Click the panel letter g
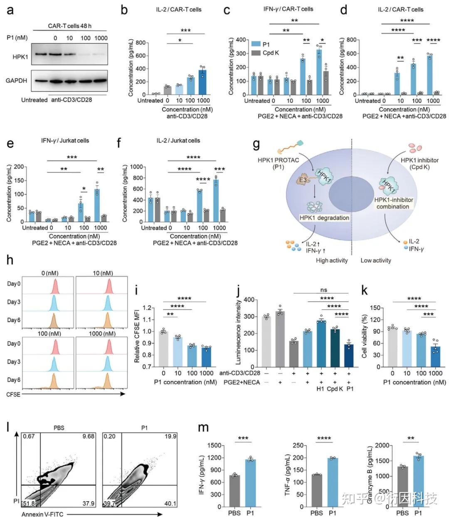tap(257, 145)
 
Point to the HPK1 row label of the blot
tap(20, 57)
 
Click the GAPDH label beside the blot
tap(17, 81)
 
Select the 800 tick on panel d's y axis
tap(351, 40)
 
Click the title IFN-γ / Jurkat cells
tap(65, 140)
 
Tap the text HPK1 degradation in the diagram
tap(324, 218)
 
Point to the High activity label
tap(331, 260)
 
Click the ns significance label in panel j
tap(324, 290)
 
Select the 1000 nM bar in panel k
tap(435, 357)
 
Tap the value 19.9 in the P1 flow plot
tap(170, 436)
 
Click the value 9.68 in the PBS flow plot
tap(88, 436)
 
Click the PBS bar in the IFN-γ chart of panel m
tap(234, 491)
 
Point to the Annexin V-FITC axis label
tap(42, 514)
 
